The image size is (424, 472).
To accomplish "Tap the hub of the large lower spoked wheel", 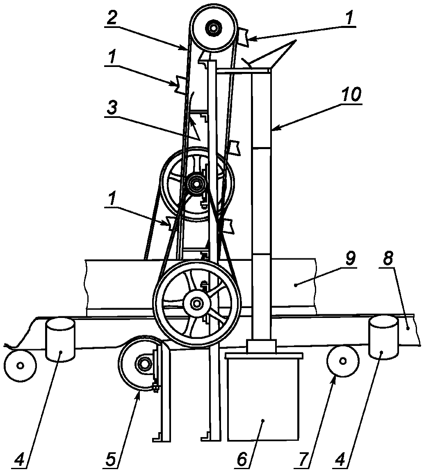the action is [197, 303].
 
